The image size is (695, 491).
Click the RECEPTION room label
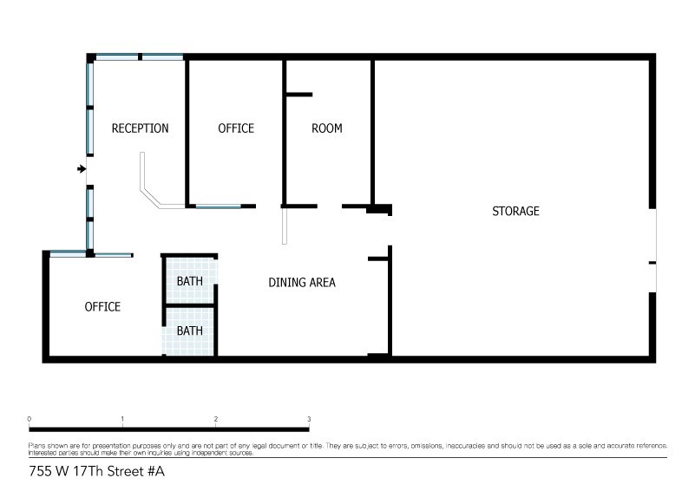tap(140, 128)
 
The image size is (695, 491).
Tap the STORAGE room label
tap(515, 211)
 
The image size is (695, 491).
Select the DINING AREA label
tap(301, 282)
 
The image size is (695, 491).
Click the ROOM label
tap(326, 128)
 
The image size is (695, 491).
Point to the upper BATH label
tap(190, 282)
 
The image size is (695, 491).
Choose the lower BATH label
tap(190, 331)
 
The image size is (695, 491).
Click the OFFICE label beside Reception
tap(235, 128)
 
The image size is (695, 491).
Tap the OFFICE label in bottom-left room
tap(102, 307)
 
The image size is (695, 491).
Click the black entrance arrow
tap(81, 168)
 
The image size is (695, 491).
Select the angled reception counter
tap(152, 193)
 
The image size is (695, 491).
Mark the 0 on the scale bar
tap(30, 419)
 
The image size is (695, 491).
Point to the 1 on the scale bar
tap(122, 419)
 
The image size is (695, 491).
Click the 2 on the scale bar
tap(215, 419)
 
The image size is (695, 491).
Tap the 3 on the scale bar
tap(309, 419)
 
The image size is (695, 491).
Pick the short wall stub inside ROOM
tap(299, 94)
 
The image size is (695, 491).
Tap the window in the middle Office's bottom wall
tap(218, 206)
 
